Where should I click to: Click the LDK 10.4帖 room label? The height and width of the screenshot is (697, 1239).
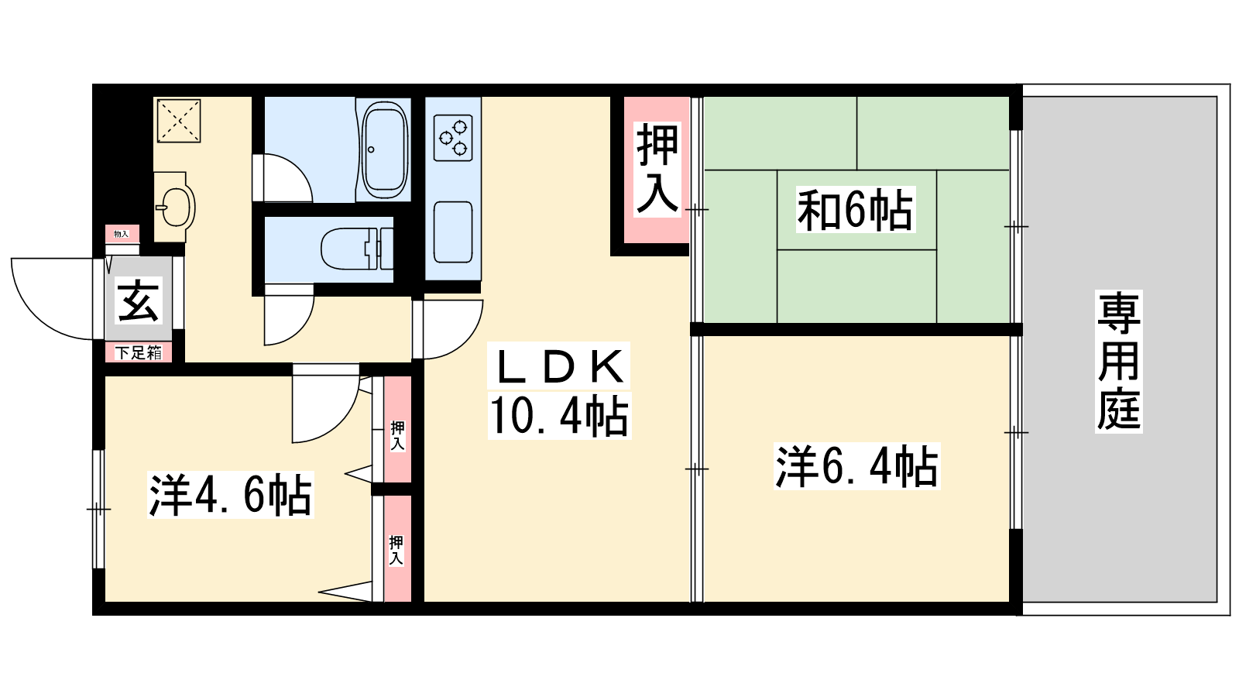pyautogui.click(x=558, y=391)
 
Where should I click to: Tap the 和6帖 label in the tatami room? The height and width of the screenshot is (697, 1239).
pyautogui.click(x=856, y=209)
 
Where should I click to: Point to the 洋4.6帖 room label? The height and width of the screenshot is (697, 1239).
pyautogui.click(x=230, y=496)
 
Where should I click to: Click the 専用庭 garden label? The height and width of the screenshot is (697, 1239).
pyautogui.click(x=1119, y=361)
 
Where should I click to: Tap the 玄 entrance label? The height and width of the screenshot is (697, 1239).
pyautogui.click(x=138, y=301)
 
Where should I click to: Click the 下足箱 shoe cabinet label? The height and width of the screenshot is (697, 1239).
pyautogui.click(x=139, y=353)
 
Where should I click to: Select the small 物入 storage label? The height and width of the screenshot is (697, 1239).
pyautogui.click(x=122, y=234)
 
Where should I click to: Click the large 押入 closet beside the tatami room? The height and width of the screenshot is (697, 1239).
pyautogui.click(x=657, y=168)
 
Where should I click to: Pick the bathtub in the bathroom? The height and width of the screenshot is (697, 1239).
pyautogui.click(x=385, y=149)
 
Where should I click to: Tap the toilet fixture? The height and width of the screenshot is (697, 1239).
pyautogui.click(x=356, y=249)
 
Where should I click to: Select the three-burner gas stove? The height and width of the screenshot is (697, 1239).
pyautogui.click(x=453, y=137)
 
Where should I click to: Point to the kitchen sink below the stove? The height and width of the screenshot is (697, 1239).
pyautogui.click(x=453, y=232)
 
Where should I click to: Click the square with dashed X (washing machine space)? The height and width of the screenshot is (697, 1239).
pyautogui.click(x=179, y=121)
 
